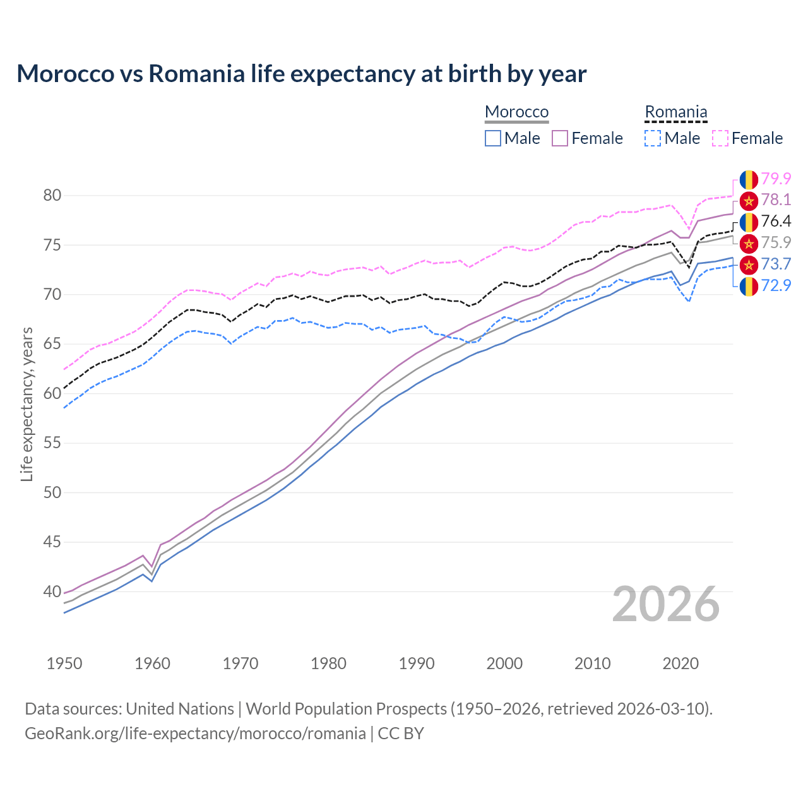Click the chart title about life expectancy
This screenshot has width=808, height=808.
302,74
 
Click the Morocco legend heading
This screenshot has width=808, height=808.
516,112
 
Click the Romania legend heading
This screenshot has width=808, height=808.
675,112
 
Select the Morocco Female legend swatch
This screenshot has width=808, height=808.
560,138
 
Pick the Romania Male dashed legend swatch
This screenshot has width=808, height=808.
653,138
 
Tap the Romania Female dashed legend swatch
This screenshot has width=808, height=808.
720,138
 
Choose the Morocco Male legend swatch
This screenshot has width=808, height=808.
493,138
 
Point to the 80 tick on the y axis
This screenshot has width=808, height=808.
52,196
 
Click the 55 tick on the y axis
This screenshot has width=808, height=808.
52,443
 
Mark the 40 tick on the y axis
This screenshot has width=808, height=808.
52,592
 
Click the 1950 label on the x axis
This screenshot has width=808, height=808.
64,663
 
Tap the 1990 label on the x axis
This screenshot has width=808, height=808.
417,663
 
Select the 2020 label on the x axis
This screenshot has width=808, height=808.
680,663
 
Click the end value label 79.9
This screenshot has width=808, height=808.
776,179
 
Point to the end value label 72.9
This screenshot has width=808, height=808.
776,285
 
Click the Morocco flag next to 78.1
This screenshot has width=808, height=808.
749,201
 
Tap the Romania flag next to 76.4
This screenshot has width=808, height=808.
749,222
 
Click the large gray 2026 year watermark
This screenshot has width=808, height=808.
666,605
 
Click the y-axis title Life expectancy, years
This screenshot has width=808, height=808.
27,404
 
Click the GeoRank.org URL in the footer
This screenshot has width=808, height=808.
195,734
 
